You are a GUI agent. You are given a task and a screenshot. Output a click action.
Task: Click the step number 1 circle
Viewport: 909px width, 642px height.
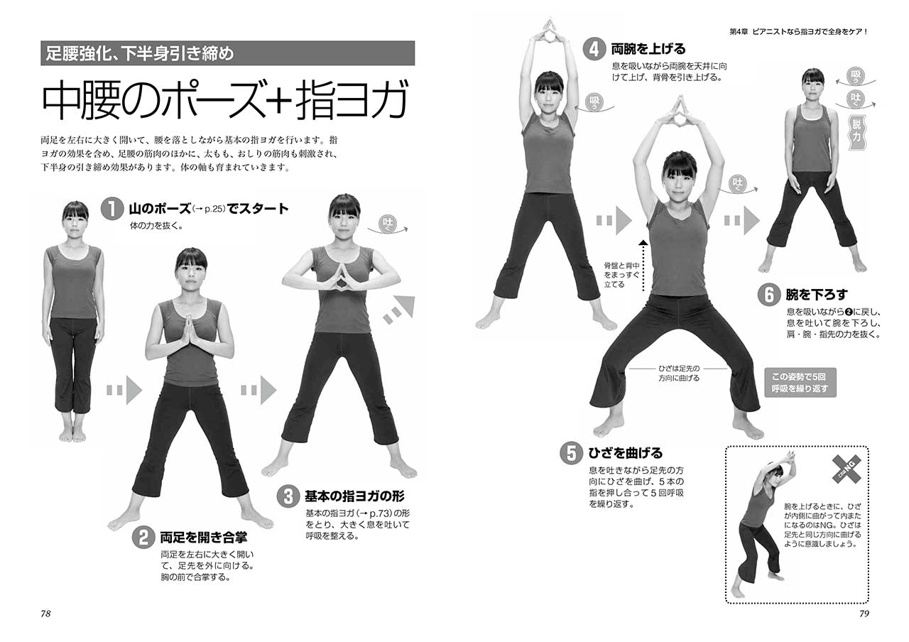pos(112,209)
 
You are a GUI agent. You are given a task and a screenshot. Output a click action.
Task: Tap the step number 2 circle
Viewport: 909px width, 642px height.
pos(143,538)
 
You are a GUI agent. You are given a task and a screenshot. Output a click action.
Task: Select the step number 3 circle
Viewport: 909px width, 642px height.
pos(288,496)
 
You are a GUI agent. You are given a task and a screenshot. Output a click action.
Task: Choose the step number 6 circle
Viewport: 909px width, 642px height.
pos(769,295)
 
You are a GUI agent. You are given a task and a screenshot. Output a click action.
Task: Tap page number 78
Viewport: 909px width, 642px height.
pos(45,614)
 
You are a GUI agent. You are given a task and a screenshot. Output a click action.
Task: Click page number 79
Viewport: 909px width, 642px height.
pos(864,614)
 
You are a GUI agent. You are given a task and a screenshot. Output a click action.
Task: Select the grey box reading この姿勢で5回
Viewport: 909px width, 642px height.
pos(800,383)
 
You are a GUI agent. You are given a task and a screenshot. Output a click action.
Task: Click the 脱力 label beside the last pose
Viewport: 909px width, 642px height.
pos(856,131)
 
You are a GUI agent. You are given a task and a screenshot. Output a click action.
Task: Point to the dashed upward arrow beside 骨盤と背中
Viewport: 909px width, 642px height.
pos(643,266)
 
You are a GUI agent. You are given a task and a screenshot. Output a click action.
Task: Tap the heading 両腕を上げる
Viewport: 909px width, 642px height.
pos(648,50)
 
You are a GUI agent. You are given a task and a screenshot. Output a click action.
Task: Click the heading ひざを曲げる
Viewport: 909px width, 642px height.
pos(626,453)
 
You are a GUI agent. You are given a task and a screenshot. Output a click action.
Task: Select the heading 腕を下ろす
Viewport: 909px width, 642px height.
pos(817,295)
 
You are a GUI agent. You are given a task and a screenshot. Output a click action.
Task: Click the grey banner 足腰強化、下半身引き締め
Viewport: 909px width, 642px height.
pos(227,53)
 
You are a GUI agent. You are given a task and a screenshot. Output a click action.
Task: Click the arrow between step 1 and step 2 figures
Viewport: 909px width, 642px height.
pos(124,391)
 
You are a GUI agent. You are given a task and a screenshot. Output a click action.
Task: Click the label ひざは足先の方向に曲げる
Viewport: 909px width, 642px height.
pos(678,374)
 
